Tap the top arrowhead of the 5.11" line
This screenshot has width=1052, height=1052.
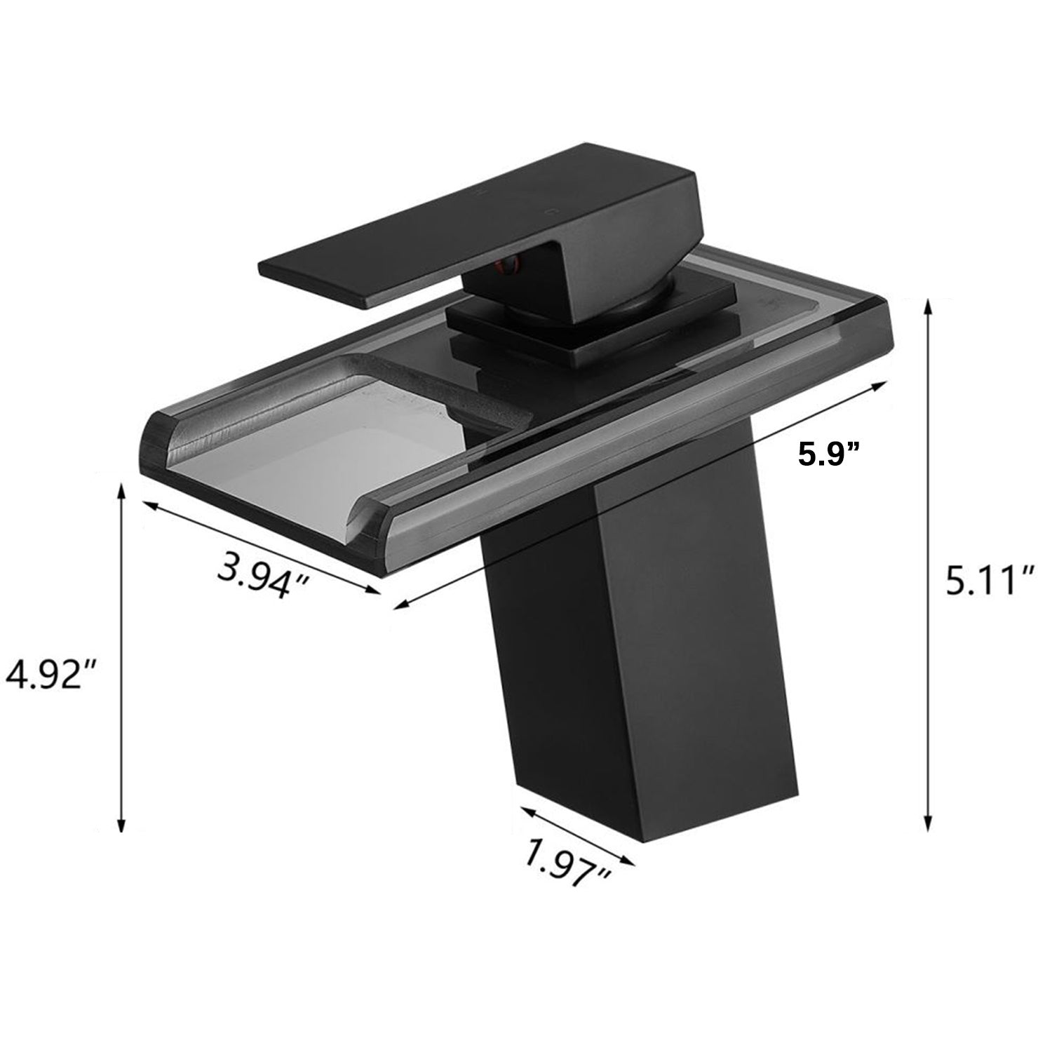[x=929, y=304]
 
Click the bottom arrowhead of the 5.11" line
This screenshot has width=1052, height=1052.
[x=929, y=829]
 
